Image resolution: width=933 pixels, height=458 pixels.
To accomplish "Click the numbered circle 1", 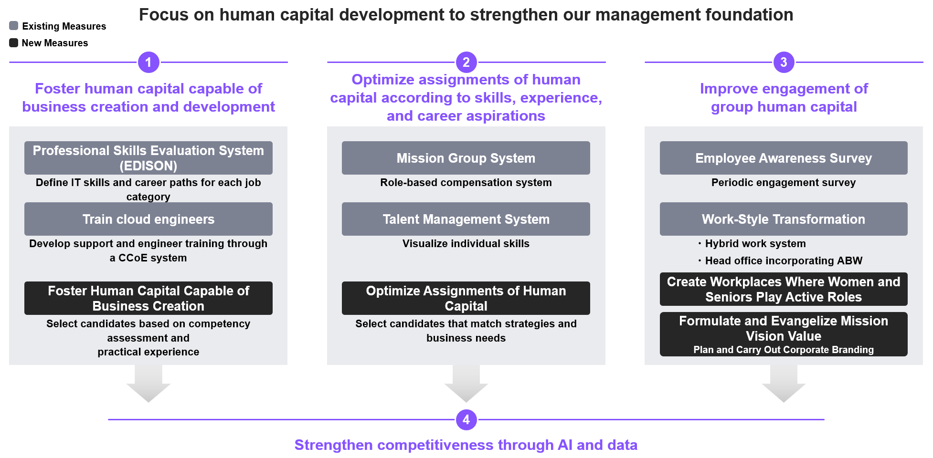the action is [x=148, y=62].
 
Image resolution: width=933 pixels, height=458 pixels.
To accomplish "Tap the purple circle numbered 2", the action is [x=466, y=62].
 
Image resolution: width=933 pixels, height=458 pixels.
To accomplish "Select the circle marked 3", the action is [x=784, y=62].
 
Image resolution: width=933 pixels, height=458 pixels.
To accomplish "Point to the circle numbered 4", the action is [x=466, y=420].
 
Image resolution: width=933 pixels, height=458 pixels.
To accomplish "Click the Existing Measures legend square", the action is [x=14, y=26].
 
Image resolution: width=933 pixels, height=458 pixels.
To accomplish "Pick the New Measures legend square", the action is [x=14, y=43].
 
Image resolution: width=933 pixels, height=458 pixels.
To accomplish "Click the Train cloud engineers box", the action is [x=148, y=219].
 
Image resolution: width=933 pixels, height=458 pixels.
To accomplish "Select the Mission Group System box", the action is [x=466, y=158].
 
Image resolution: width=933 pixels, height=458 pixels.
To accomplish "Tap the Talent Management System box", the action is [x=466, y=219].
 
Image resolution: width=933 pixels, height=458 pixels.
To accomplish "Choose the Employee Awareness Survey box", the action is [x=784, y=158].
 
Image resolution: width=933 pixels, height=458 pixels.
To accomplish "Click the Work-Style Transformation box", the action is [x=784, y=219].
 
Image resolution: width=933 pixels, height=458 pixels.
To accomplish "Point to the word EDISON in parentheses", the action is [x=148, y=166].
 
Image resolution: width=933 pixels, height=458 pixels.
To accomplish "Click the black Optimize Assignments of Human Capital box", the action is [x=466, y=298].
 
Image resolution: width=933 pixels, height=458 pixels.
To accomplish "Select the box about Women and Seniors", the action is [x=784, y=289].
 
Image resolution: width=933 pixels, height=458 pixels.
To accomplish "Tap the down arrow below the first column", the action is [x=148, y=384].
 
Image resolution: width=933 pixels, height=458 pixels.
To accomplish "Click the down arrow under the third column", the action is [x=784, y=384].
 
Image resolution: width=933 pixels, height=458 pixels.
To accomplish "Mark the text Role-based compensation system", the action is [x=466, y=183].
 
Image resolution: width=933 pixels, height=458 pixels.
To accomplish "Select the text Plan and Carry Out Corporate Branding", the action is [x=784, y=350].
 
